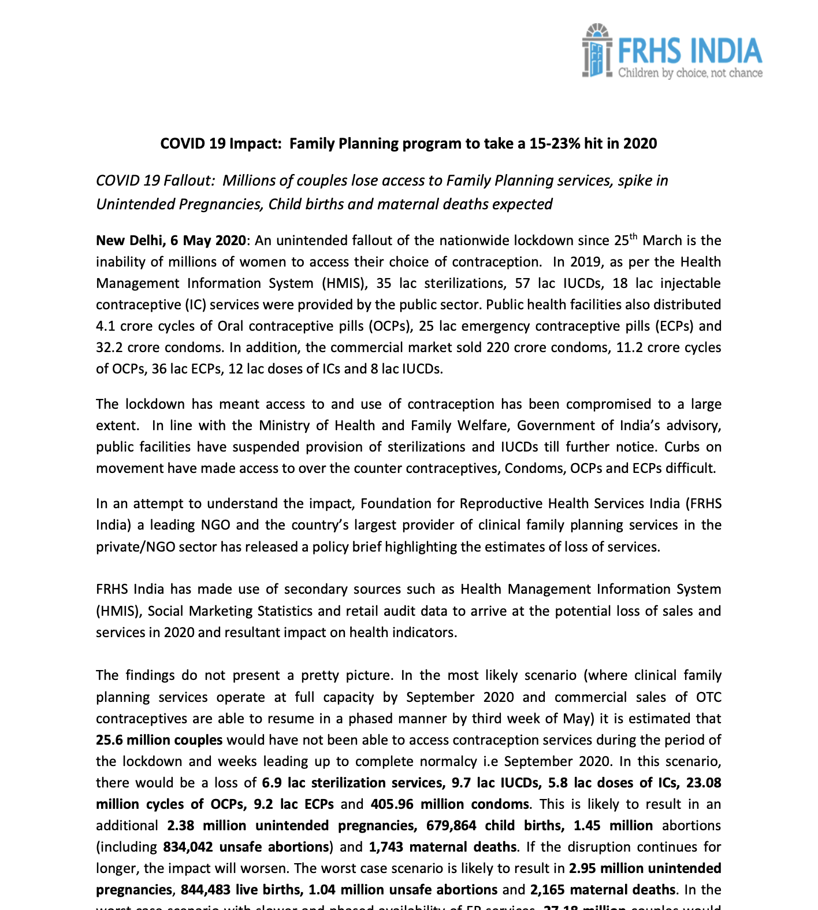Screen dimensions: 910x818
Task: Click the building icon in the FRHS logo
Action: [597, 51]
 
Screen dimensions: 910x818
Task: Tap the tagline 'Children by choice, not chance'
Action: [690, 73]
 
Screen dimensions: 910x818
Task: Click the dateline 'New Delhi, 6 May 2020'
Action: [171, 241]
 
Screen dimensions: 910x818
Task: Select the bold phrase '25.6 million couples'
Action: [159, 740]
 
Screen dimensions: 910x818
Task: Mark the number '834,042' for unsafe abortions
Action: [188, 847]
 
